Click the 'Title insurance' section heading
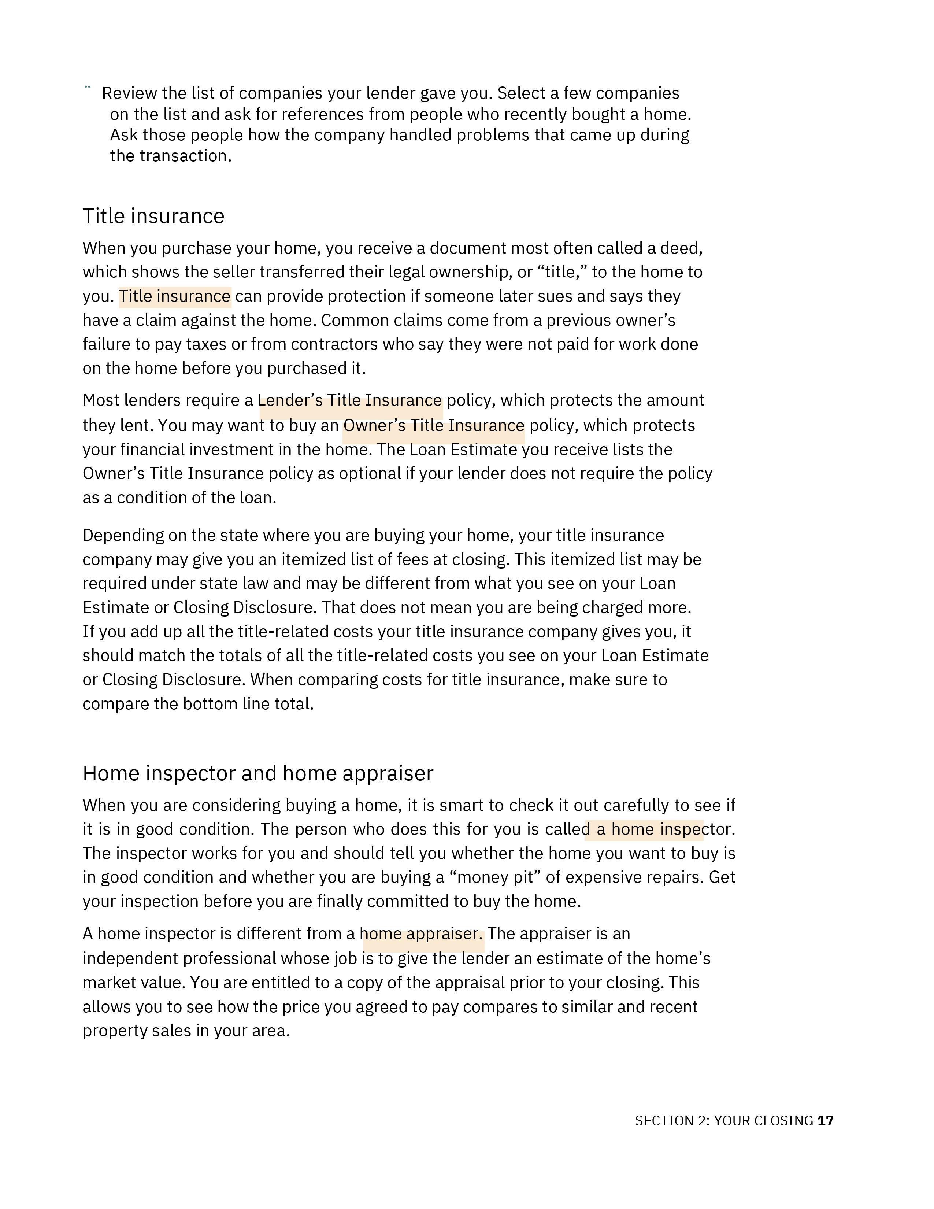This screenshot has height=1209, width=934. pos(153,216)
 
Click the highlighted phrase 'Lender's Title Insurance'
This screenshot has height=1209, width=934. pos(350,400)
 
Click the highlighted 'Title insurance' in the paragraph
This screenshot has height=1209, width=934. pos(175,296)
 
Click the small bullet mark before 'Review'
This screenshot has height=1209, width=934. pos(88,87)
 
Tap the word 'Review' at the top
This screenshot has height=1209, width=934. pos(129,93)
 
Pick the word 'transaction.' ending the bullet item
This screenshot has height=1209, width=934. pos(185,156)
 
